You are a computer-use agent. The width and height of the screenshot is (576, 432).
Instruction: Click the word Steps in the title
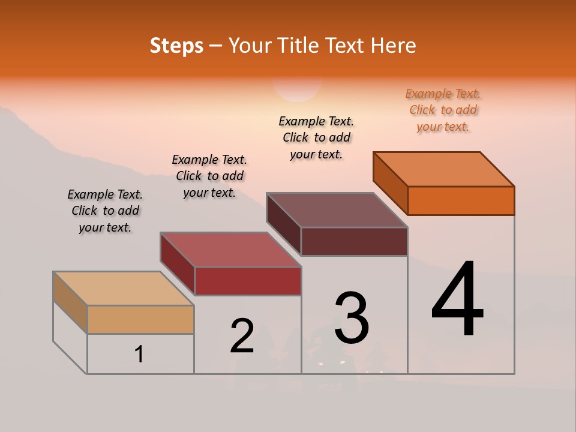pos(176,46)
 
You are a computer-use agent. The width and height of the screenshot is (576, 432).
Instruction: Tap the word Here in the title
pos(393,46)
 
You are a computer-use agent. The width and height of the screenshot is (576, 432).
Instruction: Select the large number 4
pos(457,300)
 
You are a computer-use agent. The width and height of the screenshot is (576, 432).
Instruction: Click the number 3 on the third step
pos(352,318)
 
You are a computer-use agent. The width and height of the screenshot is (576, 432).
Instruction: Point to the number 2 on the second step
pos(242,336)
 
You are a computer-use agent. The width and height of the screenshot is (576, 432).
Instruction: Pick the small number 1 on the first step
pos(139,355)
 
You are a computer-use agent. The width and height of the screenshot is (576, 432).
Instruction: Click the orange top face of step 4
pos(444,169)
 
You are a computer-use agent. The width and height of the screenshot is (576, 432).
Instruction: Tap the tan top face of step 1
pos(123,289)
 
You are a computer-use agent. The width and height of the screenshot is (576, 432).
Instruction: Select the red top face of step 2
pos(230,250)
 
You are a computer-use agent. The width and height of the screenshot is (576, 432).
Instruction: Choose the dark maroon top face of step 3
pos(337,210)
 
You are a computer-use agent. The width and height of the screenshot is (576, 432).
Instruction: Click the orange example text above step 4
pos(443,110)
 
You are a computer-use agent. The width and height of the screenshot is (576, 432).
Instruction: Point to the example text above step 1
pos(105,211)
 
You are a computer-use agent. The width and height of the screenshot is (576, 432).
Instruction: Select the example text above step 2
pos(209,176)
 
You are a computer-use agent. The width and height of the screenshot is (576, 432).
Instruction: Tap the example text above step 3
pos(316,137)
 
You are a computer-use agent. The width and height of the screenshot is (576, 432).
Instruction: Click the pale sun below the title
pos(298,90)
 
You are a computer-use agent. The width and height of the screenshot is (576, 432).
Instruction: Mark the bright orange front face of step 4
pos(461,200)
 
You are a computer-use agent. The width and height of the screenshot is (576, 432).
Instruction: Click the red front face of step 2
pos(248,281)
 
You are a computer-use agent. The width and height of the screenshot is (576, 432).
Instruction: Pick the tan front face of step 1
pos(140,319)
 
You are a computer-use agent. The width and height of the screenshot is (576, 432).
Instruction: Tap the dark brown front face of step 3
pos(354,241)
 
